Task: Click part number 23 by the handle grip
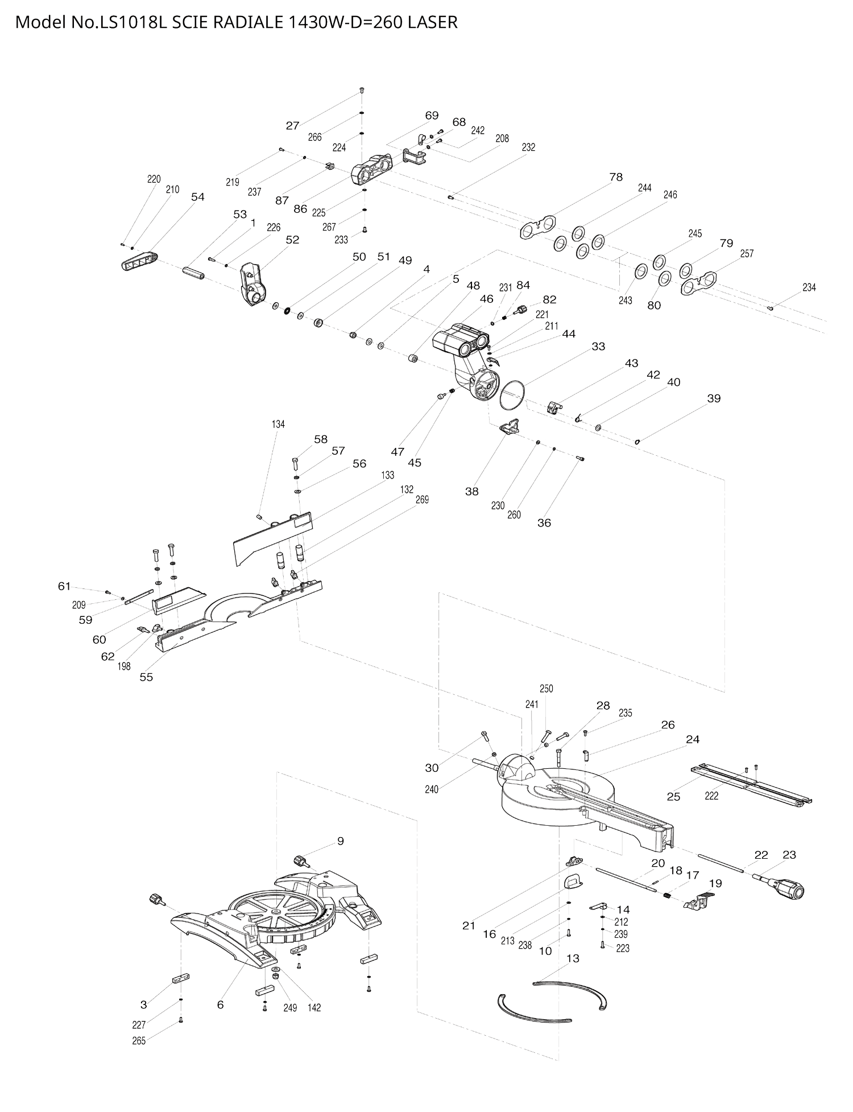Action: point(789,854)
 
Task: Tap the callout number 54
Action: point(197,197)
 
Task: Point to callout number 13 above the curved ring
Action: point(573,958)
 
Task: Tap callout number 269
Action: point(422,499)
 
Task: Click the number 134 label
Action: point(278,424)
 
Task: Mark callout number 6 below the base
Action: point(221,1004)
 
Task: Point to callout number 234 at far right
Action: point(809,287)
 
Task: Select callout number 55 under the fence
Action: point(146,677)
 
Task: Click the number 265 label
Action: point(139,1041)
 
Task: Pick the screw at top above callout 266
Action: point(362,90)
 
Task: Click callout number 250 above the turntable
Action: point(546,689)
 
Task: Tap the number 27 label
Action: point(292,126)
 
